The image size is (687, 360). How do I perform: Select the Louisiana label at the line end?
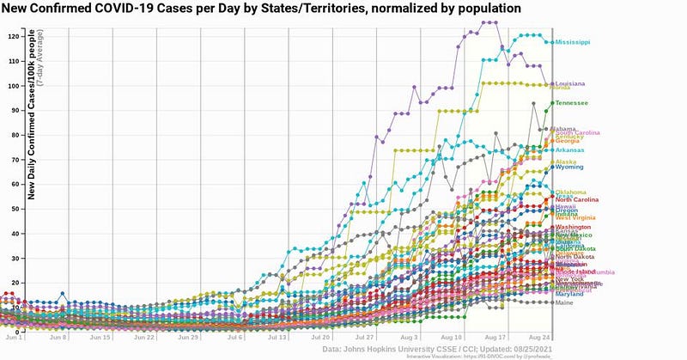tap(570, 83)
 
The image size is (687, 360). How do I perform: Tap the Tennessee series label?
tap(571, 103)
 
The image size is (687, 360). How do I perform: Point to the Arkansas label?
tap(570, 150)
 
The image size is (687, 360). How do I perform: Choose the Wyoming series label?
tap(569, 167)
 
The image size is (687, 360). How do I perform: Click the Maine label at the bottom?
tap(565, 302)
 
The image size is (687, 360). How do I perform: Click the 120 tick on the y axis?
tap(13, 36)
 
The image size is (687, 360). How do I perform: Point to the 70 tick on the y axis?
tap(15, 160)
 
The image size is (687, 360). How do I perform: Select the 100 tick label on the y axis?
tap(13, 86)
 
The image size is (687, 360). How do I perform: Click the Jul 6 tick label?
tap(234, 339)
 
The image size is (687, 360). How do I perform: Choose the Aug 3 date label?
tap(410, 339)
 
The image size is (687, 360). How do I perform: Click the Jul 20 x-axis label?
tap(321, 339)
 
